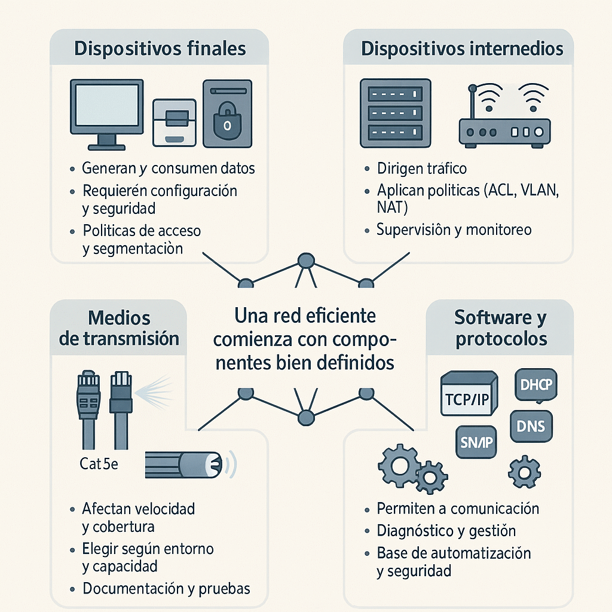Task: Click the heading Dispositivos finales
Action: pyautogui.click(x=160, y=49)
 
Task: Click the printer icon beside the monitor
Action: pyautogui.click(x=175, y=122)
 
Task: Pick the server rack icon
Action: pyautogui.click(x=395, y=114)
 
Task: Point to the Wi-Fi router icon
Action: pyautogui.click(x=504, y=120)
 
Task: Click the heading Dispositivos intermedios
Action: pyautogui.click(x=462, y=49)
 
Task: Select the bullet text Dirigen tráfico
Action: pyautogui.click(x=422, y=169)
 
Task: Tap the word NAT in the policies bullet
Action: pyautogui.click(x=392, y=207)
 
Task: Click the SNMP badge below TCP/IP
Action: pyautogui.click(x=476, y=442)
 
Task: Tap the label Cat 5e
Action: pyautogui.click(x=99, y=463)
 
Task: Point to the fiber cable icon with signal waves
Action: pyautogui.click(x=185, y=463)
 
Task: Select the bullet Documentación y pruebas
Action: pyautogui.click(x=166, y=588)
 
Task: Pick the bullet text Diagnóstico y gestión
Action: pyautogui.click(x=446, y=531)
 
